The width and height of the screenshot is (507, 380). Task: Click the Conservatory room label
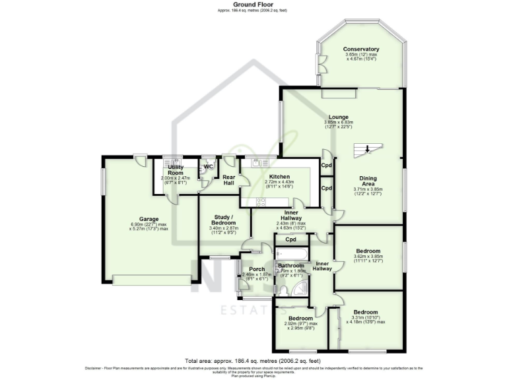coord(360,49)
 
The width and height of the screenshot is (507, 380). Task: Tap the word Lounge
coord(339,117)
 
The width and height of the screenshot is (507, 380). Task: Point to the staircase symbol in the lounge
coord(364,150)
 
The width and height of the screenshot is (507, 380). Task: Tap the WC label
coord(209,167)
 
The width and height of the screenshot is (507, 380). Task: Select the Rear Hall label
coord(228,179)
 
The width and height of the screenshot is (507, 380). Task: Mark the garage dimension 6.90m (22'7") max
coord(149,224)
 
